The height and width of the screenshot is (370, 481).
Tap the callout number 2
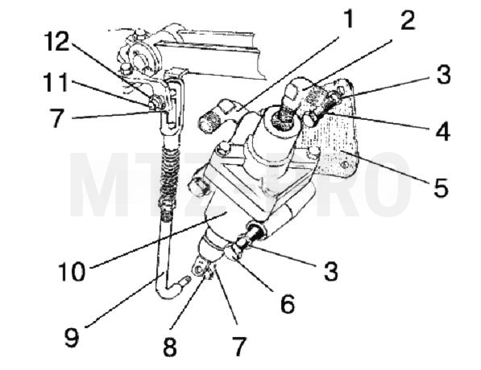coord(408,20)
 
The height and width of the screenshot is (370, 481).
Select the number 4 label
coord(442,131)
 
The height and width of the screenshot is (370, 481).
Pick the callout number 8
coord(170,347)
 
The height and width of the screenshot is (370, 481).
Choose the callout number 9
coord(72,336)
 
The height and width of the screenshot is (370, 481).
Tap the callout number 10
coord(72,271)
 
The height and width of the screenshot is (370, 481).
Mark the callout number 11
coord(56,82)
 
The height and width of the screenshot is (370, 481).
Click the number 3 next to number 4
coord(444,74)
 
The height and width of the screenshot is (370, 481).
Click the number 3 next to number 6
coord(330,271)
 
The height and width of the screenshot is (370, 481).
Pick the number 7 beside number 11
coord(57,118)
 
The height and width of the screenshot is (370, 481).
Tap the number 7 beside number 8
coord(239,347)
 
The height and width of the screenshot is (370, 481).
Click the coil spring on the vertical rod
coord(169,175)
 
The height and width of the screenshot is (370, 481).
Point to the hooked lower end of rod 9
coord(172,287)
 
